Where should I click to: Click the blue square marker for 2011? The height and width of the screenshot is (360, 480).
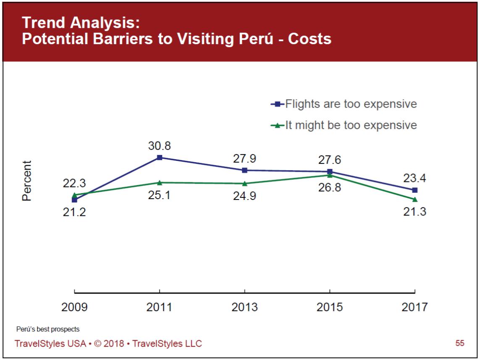160,158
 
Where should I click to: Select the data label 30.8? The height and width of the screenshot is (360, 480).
160,146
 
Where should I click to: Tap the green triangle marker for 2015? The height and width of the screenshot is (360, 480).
330,175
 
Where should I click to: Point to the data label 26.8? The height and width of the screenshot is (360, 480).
330,187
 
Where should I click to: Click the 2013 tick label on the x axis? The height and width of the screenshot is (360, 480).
244,307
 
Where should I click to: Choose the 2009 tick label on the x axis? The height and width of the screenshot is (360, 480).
74,307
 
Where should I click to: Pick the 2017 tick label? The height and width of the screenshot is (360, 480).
414,307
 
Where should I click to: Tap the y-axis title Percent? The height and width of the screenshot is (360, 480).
27,181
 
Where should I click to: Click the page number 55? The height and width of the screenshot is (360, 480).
460,343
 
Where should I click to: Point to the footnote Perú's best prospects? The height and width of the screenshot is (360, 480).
48,329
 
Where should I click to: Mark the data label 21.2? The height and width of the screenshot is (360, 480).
74,212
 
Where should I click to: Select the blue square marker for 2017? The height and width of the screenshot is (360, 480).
415,190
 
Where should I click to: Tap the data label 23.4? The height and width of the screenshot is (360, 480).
415,178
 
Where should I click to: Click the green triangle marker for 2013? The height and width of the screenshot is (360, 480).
245,184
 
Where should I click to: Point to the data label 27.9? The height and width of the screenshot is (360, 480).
245,159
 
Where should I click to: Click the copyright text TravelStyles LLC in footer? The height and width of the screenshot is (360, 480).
167,344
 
